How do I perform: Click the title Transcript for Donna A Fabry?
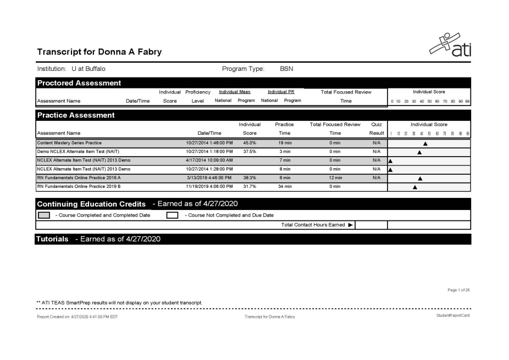[x=99, y=52]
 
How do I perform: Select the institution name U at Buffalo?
[x=88, y=69]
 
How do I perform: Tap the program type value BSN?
[x=287, y=69]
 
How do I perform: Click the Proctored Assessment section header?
[x=79, y=83]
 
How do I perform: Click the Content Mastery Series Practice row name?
[x=69, y=143]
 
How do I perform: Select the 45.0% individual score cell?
[x=250, y=143]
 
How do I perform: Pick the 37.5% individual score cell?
[x=250, y=151]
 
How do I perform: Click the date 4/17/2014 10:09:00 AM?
[x=209, y=160]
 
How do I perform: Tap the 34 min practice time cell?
[x=284, y=186]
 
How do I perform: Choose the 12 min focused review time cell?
[x=335, y=178]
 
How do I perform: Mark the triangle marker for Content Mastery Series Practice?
[x=425, y=143]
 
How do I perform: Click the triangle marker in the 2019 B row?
[x=414, y=187]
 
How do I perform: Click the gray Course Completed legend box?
[x=43, y=215]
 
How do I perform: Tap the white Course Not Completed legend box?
[x=172, y=215]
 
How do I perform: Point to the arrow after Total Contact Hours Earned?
[x=350, y=225]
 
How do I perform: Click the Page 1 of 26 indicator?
[x=459, y=290]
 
